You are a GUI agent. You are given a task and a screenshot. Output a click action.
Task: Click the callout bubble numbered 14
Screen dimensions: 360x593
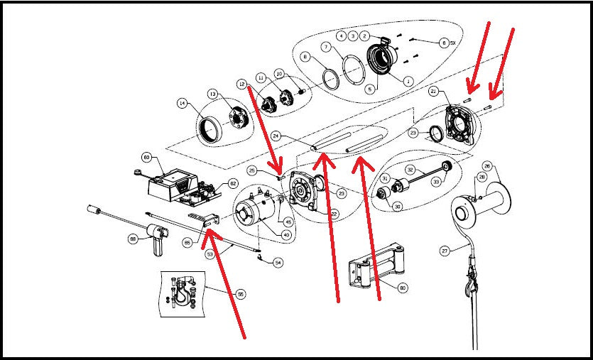[183, 104]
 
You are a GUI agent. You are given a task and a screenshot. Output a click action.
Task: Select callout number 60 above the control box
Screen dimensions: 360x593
[147, 157]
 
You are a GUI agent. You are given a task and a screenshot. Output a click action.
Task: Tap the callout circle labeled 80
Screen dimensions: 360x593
[402, 288]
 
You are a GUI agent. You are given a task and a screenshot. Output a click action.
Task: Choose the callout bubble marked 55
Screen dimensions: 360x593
[241, 293]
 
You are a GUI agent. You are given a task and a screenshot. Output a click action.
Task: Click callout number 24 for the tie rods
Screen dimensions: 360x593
[276, 135]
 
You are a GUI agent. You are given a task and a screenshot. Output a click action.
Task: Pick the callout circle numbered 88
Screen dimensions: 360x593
[133, 239]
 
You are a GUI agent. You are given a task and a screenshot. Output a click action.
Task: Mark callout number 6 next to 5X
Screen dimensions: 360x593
[444, 43]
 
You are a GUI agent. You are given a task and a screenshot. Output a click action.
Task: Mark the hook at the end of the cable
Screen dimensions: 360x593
[471, 284]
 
